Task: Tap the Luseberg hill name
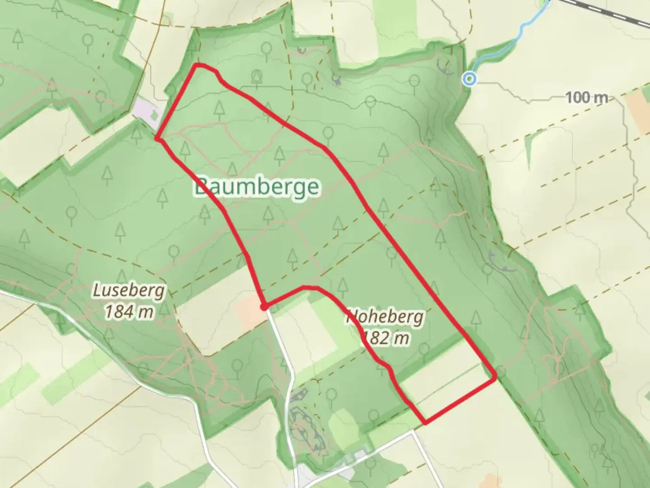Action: coord(129,291)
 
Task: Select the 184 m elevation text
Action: coord(129,311)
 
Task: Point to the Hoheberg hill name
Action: coord(385,317)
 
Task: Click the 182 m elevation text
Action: coord(386,338)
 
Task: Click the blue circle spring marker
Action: coord(470,79)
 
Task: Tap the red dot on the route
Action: coord(264,307)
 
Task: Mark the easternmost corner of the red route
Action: coord(495,375)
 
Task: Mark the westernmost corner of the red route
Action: coord(157,138)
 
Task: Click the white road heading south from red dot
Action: coord(282,348)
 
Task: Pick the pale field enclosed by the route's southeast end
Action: coord(445,386)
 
